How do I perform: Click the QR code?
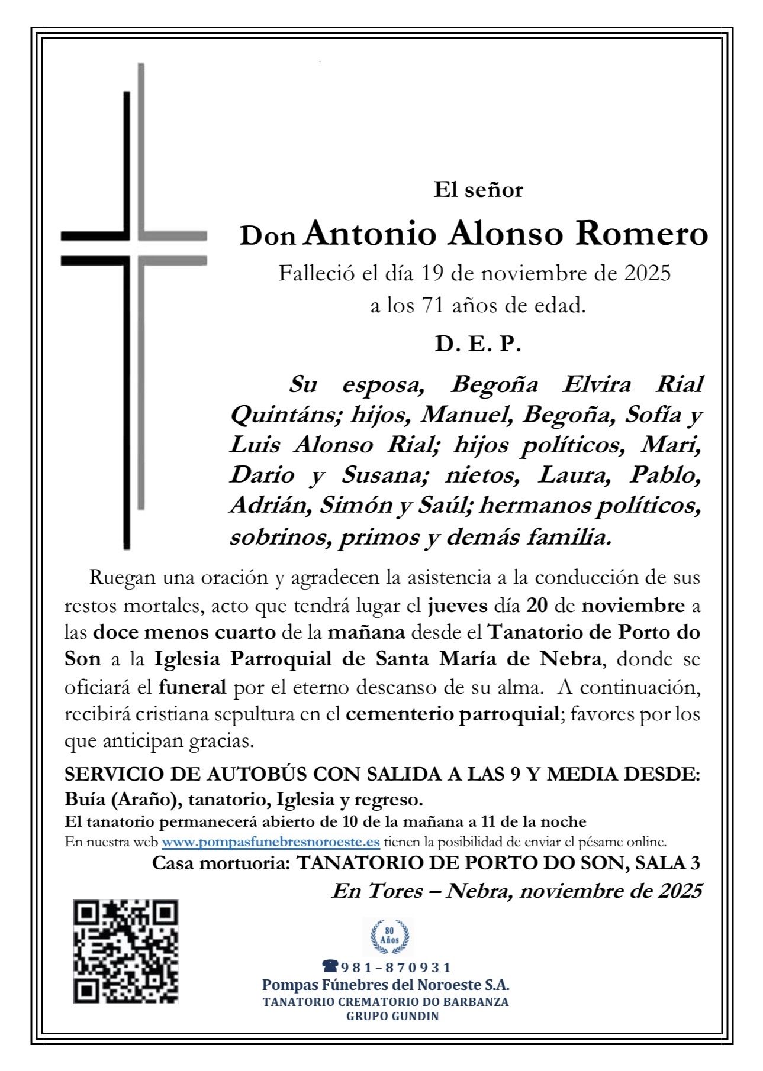pos(125,951)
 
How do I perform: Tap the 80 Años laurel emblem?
pos(389,937)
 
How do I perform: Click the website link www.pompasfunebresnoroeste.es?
pos(271,842)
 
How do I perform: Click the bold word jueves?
pos(458,606)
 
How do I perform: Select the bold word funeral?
pos(192,687)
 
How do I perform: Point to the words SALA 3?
pos(667,863)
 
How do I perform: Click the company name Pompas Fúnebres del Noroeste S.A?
pos(385,985)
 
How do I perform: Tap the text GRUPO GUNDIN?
pos(392,1016)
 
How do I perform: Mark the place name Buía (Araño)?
pos(123,800)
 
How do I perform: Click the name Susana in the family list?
pos(381,475)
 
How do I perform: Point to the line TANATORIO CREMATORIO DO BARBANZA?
pos(385,1002)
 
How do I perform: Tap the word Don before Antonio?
pos(268,237)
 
